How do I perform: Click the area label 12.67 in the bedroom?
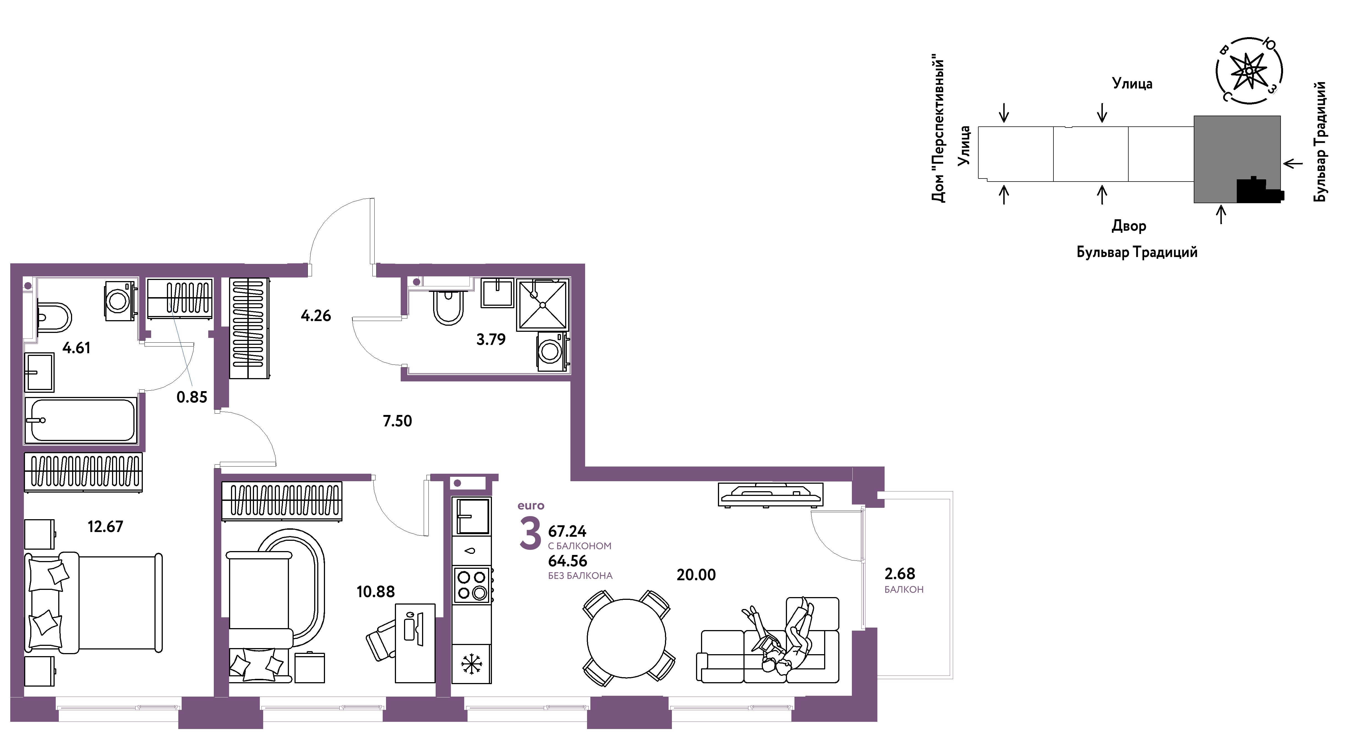(105, 526)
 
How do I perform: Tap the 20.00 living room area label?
(696, 575)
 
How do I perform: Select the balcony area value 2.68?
(900, 574)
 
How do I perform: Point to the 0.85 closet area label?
(192, 397)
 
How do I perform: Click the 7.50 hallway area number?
(398, 421)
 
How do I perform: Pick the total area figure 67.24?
(567, 531)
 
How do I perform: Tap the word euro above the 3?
(531, 506)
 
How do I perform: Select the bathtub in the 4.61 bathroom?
(81, 420)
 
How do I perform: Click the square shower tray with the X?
(543, 305)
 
